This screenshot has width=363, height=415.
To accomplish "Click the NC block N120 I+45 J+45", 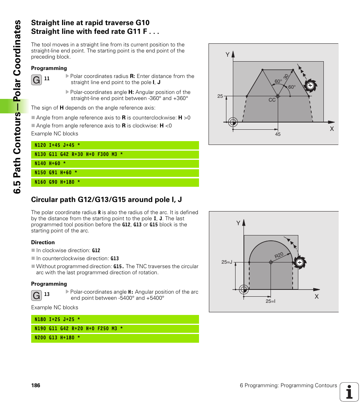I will point(57,145).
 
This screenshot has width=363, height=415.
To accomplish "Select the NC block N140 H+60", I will point(50,164).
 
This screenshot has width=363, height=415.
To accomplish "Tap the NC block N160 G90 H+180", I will point(57,182).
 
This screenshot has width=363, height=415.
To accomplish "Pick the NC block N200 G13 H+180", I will point(57,338).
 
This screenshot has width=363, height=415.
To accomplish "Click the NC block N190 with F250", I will point(78,329).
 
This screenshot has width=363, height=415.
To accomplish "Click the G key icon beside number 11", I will point(37,80).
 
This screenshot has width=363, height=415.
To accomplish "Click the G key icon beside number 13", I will point(37,295).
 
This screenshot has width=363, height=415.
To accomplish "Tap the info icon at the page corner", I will point(349,392).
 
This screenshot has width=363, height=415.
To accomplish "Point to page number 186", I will point(36,385).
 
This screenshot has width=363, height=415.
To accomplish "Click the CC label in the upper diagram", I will point(272,100).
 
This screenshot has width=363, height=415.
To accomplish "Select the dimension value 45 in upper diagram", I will point(278,134).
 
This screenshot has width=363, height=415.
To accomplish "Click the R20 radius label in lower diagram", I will point(279,256).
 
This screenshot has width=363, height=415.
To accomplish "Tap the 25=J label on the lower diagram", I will point(226,262).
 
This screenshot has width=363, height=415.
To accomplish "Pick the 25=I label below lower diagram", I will point(271,301).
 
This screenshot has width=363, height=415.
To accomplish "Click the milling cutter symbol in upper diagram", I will point(310,86).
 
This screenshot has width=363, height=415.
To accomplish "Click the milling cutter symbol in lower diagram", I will point(300,262).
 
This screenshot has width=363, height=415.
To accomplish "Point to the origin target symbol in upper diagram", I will point(233,122).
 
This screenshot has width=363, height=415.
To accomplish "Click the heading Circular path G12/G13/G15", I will point(107,200).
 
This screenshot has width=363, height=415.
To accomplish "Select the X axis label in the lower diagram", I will point(316,296).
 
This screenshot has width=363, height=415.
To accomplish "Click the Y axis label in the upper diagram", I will point(228,55).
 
